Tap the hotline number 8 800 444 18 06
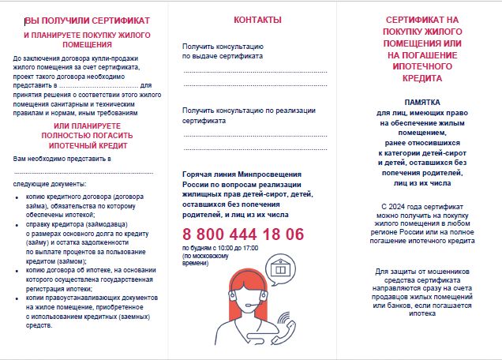(x=243, y=234)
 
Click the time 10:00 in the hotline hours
(x=221, y=248)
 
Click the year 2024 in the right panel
(x=402, y=206)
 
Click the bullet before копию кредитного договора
(x=18, y=195)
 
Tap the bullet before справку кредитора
(x=18, y=223)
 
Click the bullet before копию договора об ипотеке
(x=18, y=270)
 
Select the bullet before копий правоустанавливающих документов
(x=18, y=298)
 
